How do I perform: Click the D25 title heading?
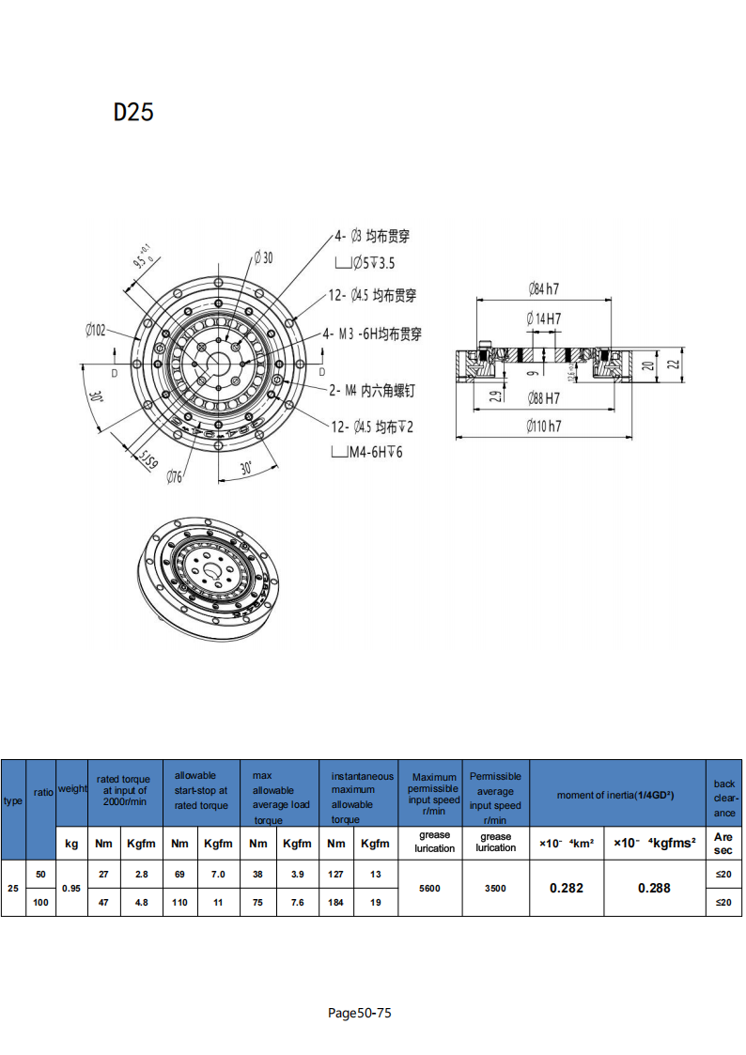[x=133, y=112]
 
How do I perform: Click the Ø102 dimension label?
[x=96, y=330]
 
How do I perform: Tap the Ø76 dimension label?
[x=175, y=476]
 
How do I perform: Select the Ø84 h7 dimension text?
[x=544, y=287]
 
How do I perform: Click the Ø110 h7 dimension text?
[x=544, y=427]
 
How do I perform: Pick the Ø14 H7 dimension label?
[x=544, y=318]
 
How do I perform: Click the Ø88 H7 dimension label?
[x=544, y=397]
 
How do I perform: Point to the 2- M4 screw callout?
[x=372, y=389]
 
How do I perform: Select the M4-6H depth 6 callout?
[x=375, y=452]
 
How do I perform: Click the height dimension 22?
[x=672, y=364]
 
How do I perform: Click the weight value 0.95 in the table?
[x=71, y=888]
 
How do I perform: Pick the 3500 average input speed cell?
[x=495, y=888]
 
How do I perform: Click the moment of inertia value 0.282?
[x=566, y=888]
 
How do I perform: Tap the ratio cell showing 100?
[x=40, y=902]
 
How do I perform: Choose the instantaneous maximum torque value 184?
[x=336, y=902]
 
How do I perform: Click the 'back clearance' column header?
[x=723, y=798]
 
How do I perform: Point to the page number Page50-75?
[x=360, y=1013]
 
